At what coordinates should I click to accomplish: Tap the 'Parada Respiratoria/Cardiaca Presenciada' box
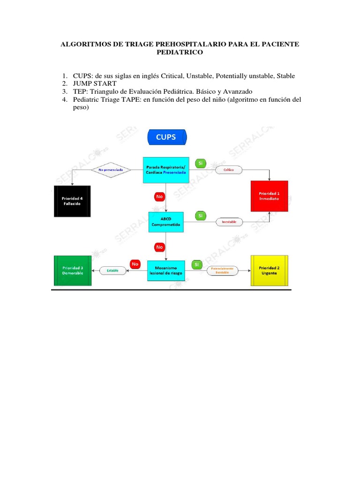point(165,169)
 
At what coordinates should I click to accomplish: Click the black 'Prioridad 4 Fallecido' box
point(72,201)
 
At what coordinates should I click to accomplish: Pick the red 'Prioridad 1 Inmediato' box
point(269,196)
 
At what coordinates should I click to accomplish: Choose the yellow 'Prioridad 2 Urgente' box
point(269,270)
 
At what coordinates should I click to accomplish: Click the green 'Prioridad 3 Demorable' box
point(73,270)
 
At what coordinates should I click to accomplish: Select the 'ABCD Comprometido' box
point(165,222)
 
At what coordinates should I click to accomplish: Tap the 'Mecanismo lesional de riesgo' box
point(165,270)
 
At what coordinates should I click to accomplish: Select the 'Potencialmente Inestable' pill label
point(222,270)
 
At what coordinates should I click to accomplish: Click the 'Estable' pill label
point(112,270)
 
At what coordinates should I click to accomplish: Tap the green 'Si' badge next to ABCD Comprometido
point(200,216)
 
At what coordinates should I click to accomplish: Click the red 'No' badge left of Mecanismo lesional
point(135,264)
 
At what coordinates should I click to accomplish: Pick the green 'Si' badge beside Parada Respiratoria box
point(200,163)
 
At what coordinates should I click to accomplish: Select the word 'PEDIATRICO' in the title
point(180,53)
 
